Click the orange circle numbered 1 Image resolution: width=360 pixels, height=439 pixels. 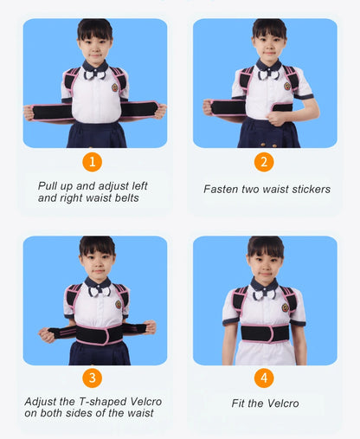(93, 161)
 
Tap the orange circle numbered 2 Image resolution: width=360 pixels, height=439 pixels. (264, 161)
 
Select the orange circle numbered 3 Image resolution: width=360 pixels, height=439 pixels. (93, 378)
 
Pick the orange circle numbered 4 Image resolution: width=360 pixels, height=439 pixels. (264, 378)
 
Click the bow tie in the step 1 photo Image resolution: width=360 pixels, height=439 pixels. (94, 74)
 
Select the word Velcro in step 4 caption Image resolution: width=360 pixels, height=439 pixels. (280, 403)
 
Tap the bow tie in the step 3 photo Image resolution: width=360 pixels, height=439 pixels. (95, 292)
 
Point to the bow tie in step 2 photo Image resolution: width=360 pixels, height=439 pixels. (266, 74)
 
